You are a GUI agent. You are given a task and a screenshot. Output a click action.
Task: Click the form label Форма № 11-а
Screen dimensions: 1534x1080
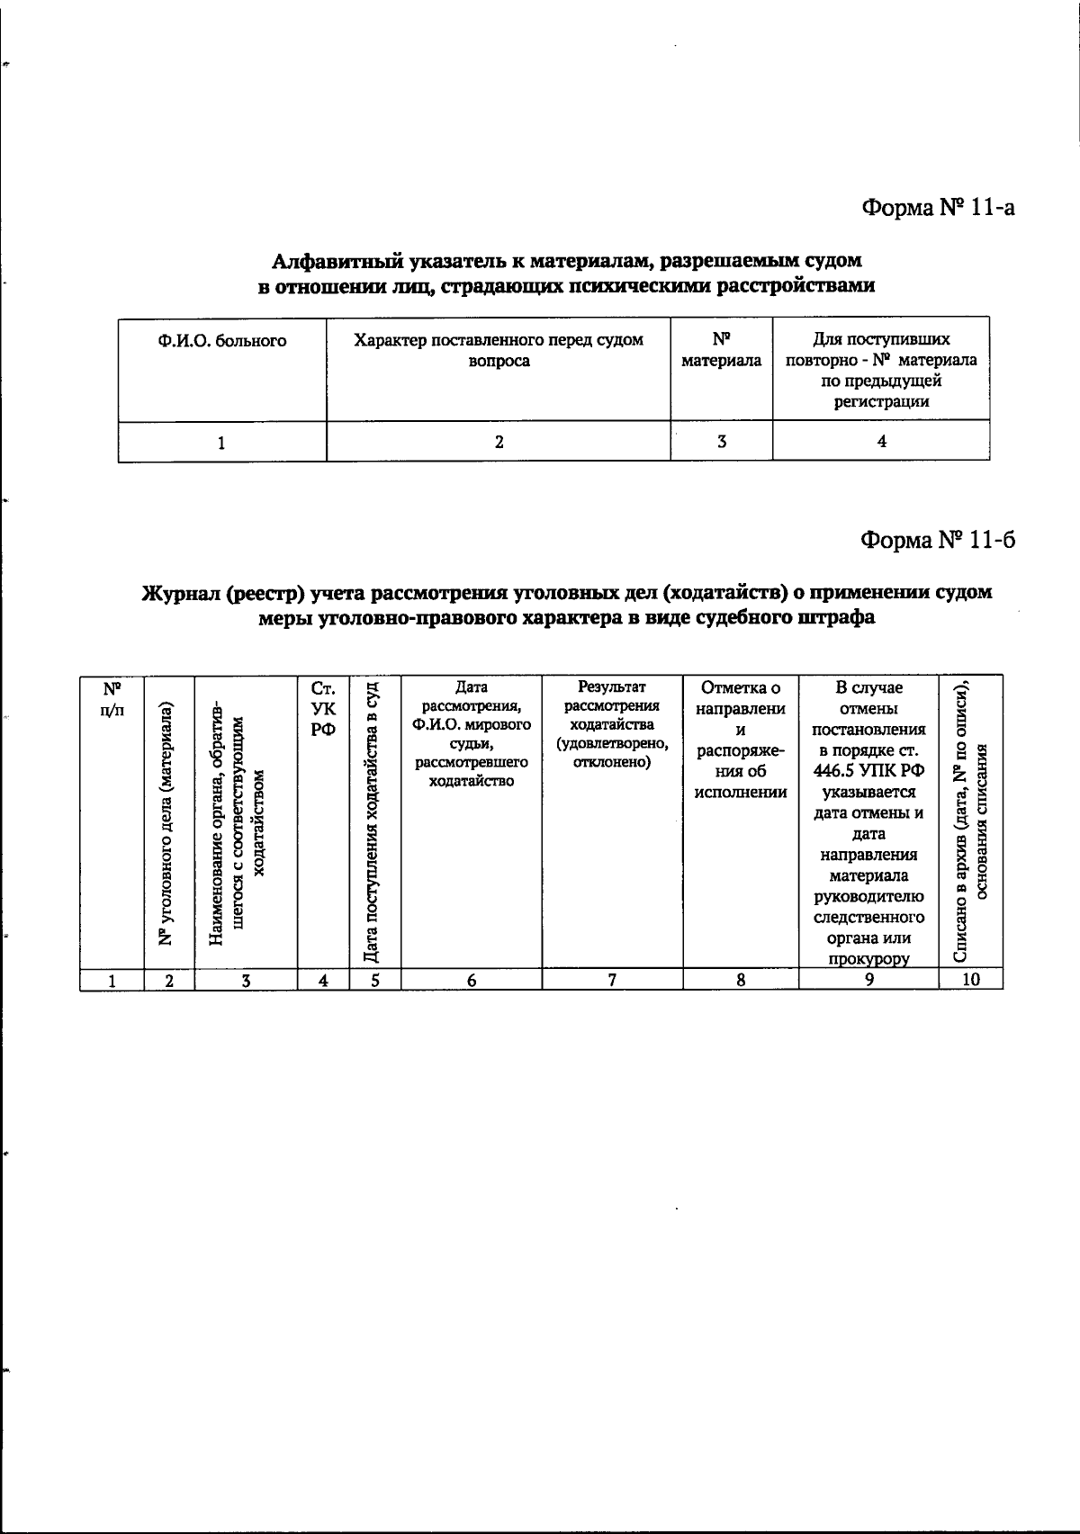click(939, 208)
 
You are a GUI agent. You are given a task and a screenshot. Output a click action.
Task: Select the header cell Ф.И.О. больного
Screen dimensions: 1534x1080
click(221, 341)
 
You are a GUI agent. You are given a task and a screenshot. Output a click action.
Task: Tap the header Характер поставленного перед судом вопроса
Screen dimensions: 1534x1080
click(499, 351)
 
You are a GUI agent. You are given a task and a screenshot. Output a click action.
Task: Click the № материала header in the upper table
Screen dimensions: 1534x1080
click(721, 351)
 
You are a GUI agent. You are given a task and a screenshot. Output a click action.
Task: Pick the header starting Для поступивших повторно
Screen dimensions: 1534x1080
click(881, 371)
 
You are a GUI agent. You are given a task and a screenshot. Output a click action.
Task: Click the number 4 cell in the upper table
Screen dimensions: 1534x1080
click(881, 442)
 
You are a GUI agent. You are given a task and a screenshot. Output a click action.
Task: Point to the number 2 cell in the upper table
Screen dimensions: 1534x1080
click(499, 442)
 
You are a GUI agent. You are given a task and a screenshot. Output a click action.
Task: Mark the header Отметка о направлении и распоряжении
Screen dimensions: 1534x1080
click(740, 740)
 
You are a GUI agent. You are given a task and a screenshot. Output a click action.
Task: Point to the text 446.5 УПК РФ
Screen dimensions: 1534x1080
click(868, 771)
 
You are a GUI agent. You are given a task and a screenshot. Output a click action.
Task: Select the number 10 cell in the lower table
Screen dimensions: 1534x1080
click(970, 981)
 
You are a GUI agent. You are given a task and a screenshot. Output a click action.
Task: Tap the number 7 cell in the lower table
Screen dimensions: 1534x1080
click(612, 981)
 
